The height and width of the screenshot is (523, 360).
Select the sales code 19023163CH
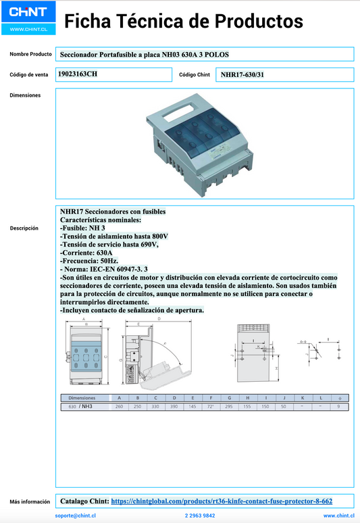coord(78,74)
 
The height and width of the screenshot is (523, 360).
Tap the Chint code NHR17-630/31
coord(242,74)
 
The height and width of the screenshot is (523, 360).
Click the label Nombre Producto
coord(31,54)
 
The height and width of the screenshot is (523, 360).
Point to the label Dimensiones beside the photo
coord(25,95)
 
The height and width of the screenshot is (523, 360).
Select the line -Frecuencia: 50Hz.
coord(89,260)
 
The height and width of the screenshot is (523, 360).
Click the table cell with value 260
coord(119,406)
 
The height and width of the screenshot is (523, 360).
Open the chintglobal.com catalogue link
coord(221,501)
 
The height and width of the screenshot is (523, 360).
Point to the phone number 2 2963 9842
coord(200,516)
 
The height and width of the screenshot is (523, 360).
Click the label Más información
coord(30,502)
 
